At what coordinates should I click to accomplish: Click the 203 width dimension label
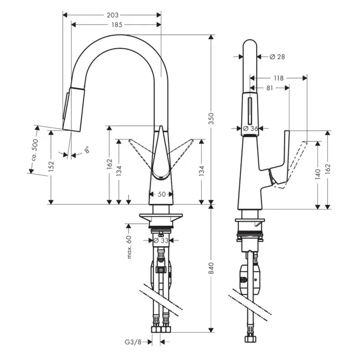113,15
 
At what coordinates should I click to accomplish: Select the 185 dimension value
117,25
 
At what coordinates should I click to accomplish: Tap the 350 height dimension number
211,118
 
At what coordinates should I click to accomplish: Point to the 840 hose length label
211,268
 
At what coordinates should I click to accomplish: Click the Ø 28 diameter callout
277,57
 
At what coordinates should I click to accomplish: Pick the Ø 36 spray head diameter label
251,129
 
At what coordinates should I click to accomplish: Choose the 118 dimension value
279,78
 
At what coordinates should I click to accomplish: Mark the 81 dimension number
270,88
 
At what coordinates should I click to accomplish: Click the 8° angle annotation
86,150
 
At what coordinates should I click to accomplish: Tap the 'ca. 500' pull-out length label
35,150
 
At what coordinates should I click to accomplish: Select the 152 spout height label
51,166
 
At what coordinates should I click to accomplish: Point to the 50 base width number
161,194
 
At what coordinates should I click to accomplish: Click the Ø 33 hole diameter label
160,240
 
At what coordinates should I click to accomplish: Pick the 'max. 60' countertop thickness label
129,247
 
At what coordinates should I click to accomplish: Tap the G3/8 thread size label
133,342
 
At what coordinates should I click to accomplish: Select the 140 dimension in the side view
317,174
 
